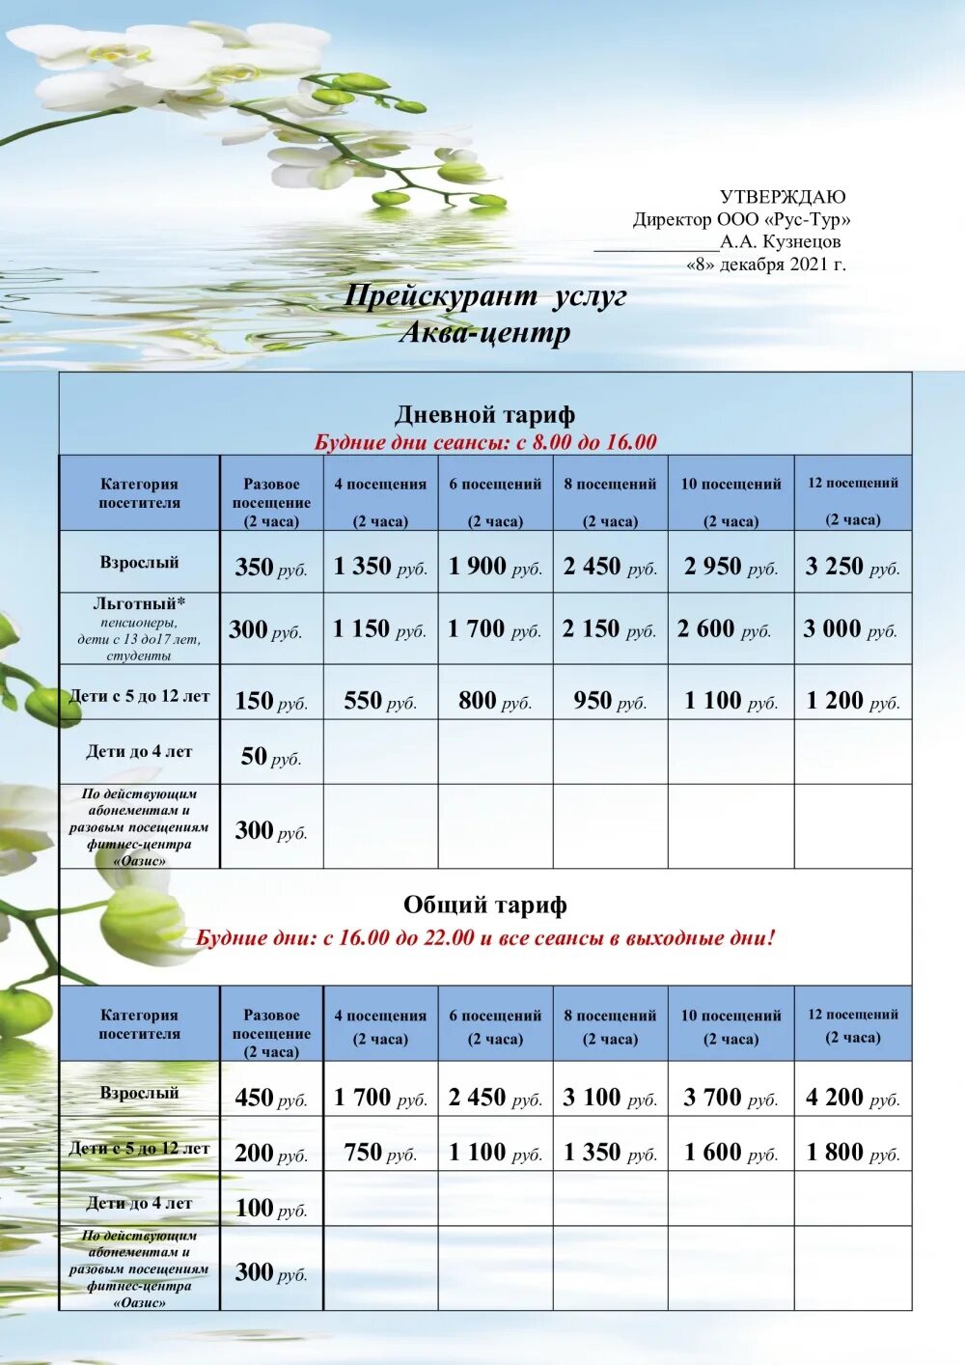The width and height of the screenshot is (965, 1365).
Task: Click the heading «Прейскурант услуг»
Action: (485, 295)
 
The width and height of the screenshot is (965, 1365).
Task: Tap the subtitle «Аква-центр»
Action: (485, 333)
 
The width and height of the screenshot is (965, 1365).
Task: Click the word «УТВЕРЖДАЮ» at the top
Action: (782, 198)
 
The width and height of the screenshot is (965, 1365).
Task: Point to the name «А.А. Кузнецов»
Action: (780, 241)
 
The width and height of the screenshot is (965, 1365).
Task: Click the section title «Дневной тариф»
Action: (485, 415)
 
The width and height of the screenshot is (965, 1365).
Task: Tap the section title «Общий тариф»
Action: (485, 905)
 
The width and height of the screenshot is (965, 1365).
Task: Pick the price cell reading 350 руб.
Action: (271, 567)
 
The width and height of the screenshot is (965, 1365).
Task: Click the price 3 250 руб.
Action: (853, 567)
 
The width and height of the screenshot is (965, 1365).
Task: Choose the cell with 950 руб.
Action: (610, 701)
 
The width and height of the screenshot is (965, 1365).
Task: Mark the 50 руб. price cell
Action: (271, 757)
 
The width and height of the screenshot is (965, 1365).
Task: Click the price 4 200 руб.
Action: (853, 1098)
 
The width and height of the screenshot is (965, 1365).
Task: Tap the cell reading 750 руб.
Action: (380, 1153)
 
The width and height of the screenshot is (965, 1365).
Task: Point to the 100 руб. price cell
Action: (271, 1208)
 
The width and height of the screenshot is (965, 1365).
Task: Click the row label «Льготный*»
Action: (139, 604)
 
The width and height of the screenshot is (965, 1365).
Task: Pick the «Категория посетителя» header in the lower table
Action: (139, 1024)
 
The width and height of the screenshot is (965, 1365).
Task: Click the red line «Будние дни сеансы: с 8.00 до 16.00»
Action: (485, 443)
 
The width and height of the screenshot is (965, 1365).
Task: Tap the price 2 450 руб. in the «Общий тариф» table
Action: (495, 1098)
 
